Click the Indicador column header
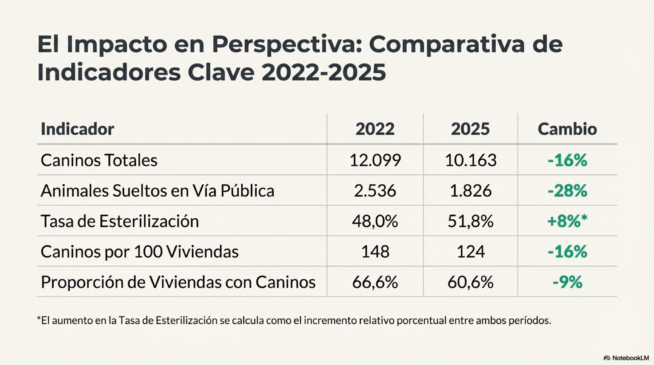[77, 129]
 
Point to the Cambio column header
[567, 129]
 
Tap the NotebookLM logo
[628, 358]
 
